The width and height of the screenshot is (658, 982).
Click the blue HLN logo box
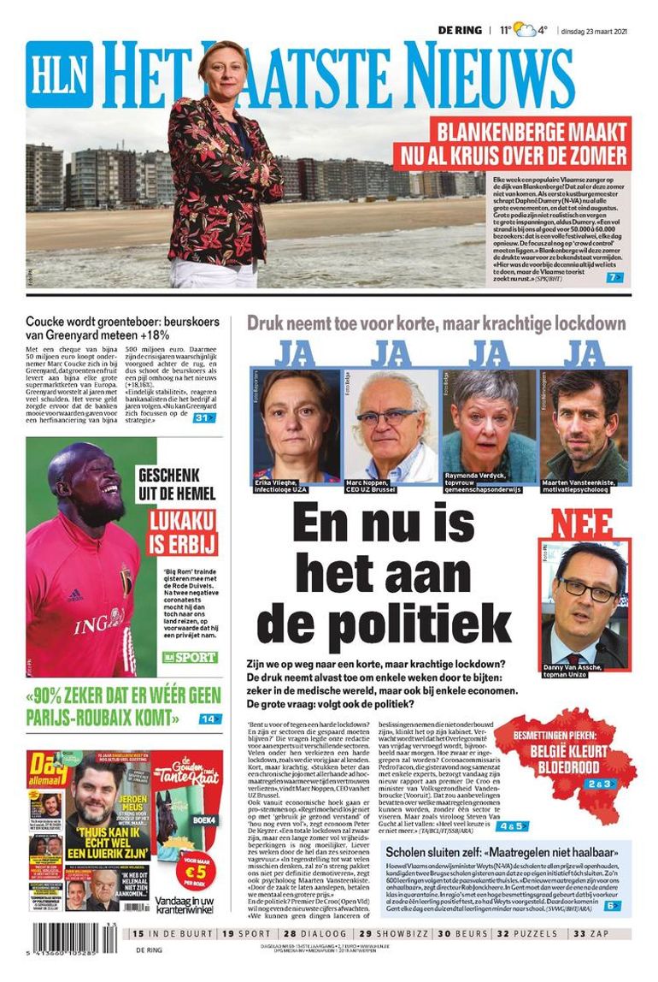pos(59,74)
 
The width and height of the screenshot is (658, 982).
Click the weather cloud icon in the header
pos(525,31)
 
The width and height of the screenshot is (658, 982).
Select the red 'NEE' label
pos(581,523)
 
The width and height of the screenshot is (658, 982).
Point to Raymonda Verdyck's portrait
pos(488,424)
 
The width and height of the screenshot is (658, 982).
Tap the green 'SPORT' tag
pos(190,657)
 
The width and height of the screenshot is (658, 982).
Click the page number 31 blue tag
pos(204,417)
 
